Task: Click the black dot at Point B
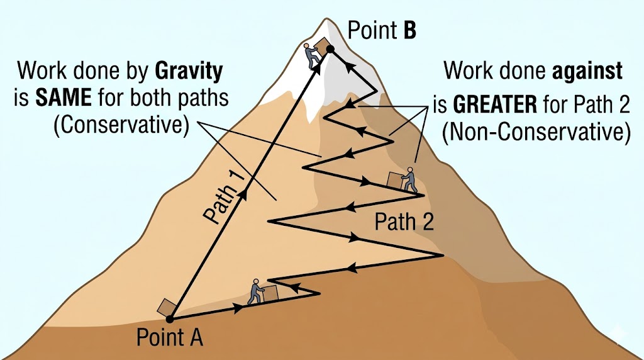point(328,48)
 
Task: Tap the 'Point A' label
point(169,337)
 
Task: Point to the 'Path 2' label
point(404,221)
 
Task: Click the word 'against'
point(587,71)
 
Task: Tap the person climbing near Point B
point(312,55)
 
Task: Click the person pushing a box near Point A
point(256,291)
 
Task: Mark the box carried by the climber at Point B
point(322,46)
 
